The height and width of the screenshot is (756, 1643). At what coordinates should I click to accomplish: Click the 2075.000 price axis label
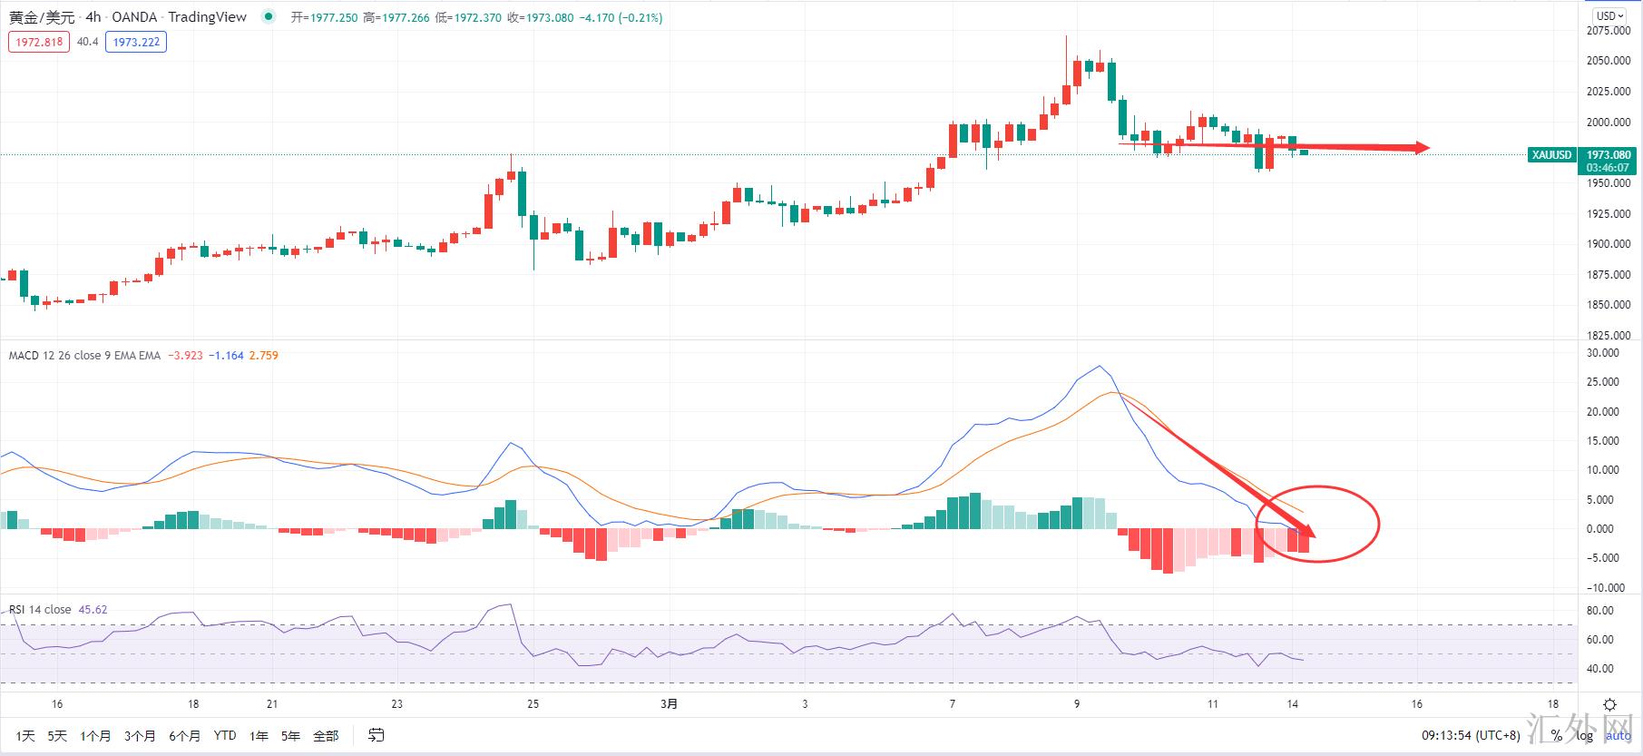[1608, 30]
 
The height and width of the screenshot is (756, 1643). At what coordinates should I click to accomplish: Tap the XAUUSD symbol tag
[1550, 155]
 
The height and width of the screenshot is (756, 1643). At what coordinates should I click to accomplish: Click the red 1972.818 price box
[39, 42]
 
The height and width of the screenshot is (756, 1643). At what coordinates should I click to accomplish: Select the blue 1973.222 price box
[136, 42]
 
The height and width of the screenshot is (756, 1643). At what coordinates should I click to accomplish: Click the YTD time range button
[224, 735]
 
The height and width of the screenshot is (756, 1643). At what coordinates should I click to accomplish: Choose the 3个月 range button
[140, 735]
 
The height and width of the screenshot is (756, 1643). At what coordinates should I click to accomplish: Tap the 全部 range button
[325, 735]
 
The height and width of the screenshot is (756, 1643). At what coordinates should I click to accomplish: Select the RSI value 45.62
[93, 610]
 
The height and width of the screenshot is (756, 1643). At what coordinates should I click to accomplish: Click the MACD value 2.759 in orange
[263, 356]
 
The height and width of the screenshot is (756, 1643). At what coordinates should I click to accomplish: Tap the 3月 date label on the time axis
[669, 703]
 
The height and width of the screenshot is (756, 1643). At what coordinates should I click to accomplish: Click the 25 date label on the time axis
[533, 703]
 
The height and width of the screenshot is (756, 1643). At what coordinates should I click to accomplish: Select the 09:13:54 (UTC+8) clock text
[1470, 735]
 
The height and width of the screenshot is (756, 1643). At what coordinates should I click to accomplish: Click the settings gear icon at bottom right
[1609, 704]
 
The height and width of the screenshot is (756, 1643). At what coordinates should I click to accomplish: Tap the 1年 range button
[259, 735]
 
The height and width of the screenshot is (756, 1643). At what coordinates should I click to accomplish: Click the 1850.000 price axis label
[1608, 305]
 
